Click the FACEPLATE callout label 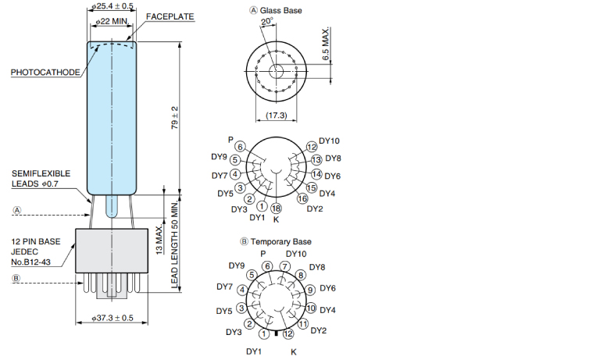(170, 16)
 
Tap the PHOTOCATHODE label (45, 73)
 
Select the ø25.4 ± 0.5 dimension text (112, 6)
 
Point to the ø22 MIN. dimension (112, 21)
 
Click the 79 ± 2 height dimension (175, 118)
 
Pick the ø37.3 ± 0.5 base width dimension (112, 318)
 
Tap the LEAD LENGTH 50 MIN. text (175, 244)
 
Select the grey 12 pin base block (112, 251)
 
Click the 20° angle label (266, 21)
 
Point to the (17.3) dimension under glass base (277, 115)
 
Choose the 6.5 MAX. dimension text (326, 44)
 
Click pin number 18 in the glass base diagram (277, 208)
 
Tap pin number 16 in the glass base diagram (302, 198)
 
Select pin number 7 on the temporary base (284, 266)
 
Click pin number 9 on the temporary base (310, 290)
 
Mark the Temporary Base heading (276, 242)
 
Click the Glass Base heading (276, 11)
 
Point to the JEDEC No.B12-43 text (30, 257)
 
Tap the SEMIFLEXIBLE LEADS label (41, 179)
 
